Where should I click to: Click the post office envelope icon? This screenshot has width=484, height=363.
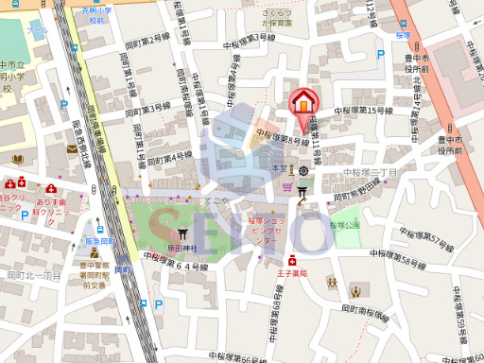[73, 147]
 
